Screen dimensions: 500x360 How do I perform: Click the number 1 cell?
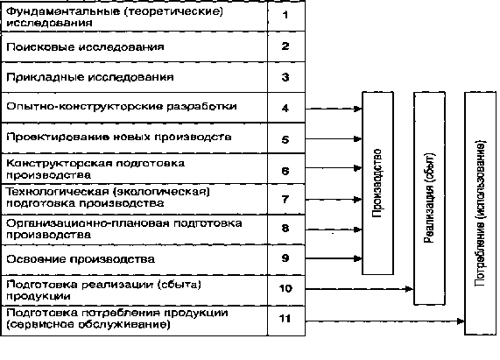(x=286, y=16)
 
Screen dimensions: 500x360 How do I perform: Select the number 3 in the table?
(x=285, y=77)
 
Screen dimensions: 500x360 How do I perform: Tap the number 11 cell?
(x=286, y=321)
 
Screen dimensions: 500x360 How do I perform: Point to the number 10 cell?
(x=286, y=291)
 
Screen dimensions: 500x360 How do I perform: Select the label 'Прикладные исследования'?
(x=90, y=77)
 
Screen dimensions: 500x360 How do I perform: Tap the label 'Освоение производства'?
(x=81, y=259)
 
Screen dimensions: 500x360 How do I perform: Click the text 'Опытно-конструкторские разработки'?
(x=122, y=106)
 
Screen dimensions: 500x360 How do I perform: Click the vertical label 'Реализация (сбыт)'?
(x=429, y=198)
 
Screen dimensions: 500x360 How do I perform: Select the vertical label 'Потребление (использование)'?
(x=480, y=214)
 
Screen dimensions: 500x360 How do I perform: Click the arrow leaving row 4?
(x=334, y=109)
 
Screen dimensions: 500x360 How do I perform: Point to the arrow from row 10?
(x=359, y=289)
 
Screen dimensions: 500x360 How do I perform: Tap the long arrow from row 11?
(x=385, y=321)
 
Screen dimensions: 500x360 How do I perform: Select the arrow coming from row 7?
(x=334, y=200)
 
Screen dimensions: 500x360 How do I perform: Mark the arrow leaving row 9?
(x=334, y=258)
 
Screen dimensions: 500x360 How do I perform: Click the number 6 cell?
(x=286, y=169)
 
